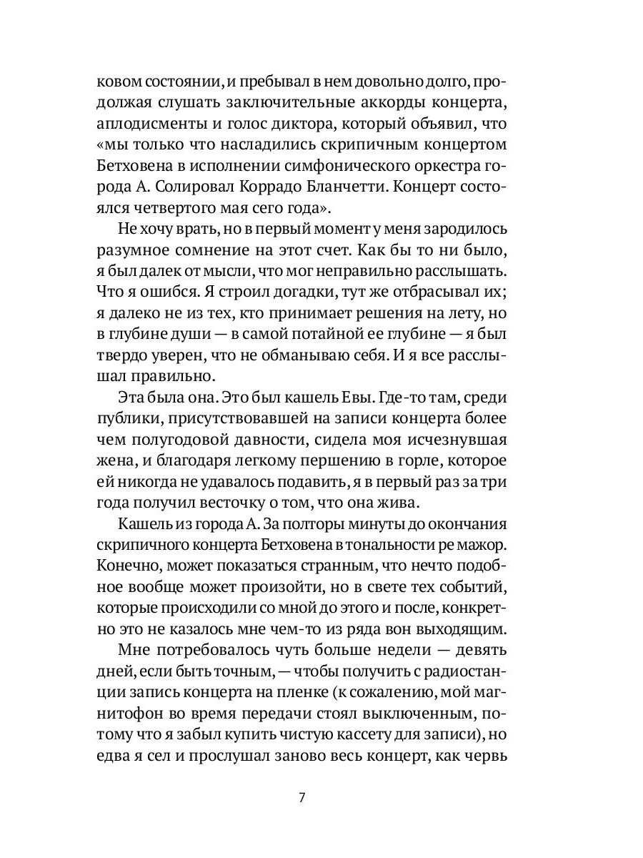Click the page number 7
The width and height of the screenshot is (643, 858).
coord(301,798)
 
